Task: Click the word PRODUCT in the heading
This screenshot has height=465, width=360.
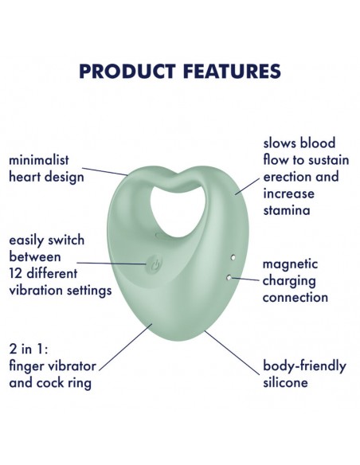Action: coord(127,71)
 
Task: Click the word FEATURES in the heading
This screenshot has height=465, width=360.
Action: coord(232,71)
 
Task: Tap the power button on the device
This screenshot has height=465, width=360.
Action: coord(154,264)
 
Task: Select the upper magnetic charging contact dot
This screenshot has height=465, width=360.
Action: coord(233,257)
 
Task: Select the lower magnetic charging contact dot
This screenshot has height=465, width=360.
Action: coord(229,278)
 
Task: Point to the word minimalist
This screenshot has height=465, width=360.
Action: coord(39,160)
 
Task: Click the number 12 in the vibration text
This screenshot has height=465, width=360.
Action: coord(15,273)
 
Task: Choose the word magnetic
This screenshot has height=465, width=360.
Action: coord(290,264)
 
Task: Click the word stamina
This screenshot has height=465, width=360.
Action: coord(287,210)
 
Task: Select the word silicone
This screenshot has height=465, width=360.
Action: coord(285,382)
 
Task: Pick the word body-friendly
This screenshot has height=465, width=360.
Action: coord(304,366)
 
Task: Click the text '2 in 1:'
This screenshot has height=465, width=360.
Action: coord(29,349)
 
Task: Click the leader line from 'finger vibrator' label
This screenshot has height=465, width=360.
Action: coord(126,347)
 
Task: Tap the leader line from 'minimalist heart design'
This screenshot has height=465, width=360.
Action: coord(105,171)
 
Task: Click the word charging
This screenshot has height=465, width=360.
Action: coord(289,281)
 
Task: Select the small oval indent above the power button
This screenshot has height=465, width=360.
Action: coord(162,236)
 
